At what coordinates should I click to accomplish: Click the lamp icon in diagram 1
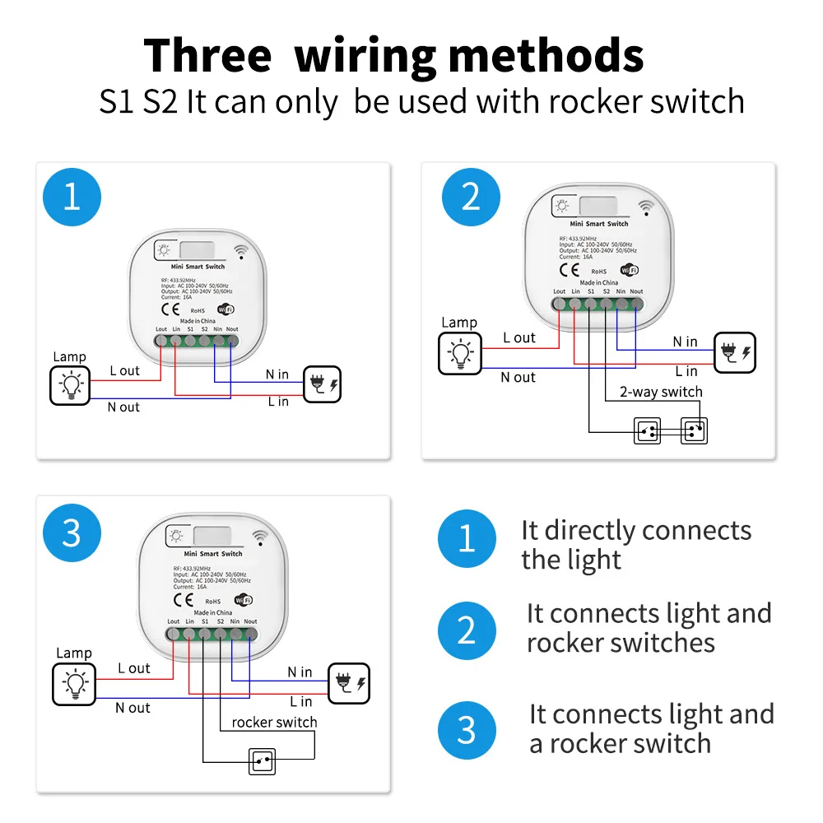(x=71, y=384)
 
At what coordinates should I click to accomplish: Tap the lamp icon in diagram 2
(x=459, y=353)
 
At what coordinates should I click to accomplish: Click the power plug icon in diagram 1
(x=322, y=384)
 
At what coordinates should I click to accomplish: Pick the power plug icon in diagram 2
(x=735, y=353)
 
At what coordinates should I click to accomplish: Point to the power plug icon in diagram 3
(x=350, y=684)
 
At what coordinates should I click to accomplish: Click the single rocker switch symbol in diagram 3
(x=263, y=762)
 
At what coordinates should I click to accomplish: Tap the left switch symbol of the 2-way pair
(x=647, y=430)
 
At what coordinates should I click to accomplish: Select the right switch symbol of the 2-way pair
(x=694, y=430)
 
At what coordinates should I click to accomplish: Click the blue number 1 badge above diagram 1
(x=72, y=198)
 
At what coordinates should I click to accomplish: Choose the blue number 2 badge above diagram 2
(x=471, y=198)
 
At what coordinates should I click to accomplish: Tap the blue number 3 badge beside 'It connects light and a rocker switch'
(x=467, y=729)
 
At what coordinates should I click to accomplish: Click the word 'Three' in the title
(x=207, y=56)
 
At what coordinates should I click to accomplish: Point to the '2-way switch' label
(x=661, y=392)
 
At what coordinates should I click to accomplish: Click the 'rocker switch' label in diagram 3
(x=274, y=722)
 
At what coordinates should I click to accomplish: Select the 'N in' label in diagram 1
(x=277, y=374)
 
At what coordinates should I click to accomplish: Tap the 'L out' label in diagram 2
(x=519, y=337)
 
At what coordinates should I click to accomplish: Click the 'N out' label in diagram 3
(x=133, y=708)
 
